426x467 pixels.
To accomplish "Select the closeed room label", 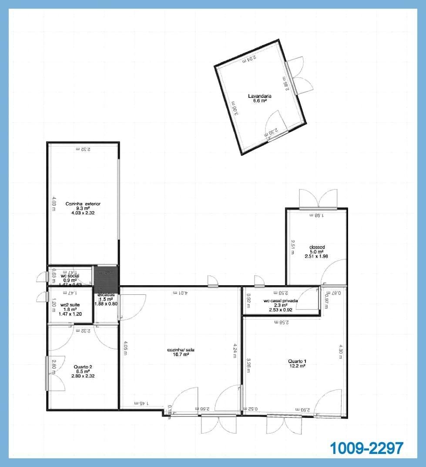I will click(x=317, y=247).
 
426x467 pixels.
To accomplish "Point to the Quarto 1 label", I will click(x=297, y=361).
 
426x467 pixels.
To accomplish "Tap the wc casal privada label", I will click(x=281, y=300).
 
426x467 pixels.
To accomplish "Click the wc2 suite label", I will click(x=70, y=305).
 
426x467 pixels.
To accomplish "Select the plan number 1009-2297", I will click(x=366, y=448).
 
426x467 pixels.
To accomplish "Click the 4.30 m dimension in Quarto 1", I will click(x=341, y=351).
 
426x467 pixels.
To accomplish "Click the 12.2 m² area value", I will click(x=297, y=366).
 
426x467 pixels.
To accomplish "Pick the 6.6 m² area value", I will click(x=260, y=100).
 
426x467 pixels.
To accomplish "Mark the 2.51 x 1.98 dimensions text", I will click(x=317, y=256).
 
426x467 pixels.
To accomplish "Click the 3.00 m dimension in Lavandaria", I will click(x=234, y=108).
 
